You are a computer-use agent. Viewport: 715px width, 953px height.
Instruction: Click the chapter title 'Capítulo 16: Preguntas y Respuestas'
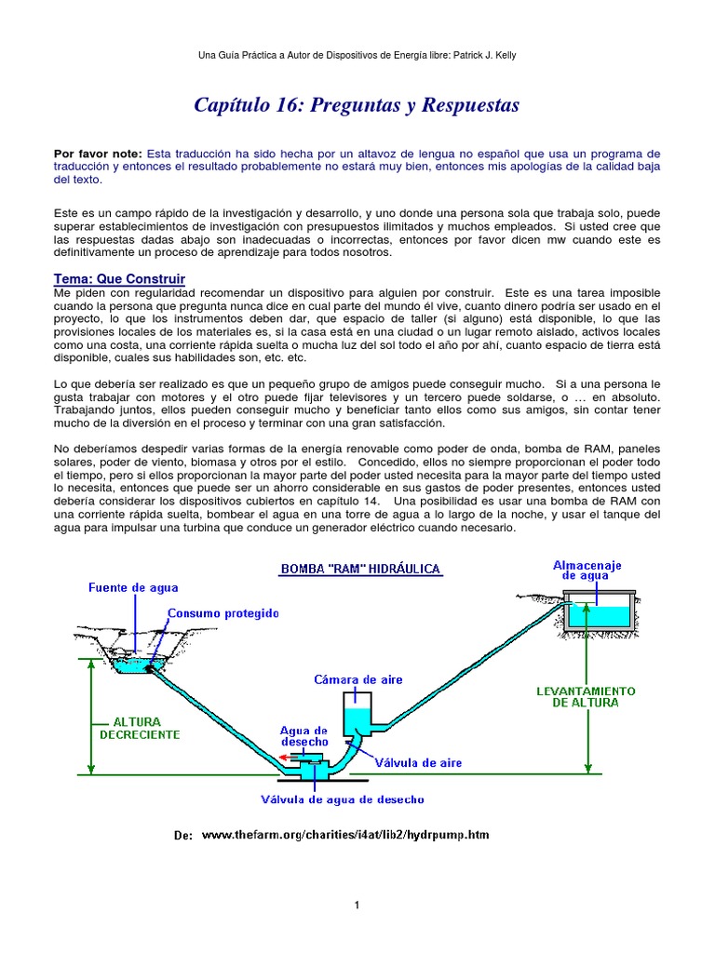(357, 105)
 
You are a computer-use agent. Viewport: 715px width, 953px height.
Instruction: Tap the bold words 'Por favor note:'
(98, 153)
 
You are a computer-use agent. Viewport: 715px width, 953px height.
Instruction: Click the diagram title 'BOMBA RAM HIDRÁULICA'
(360, 569)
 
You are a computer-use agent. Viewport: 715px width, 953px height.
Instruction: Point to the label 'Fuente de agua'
(133, 587)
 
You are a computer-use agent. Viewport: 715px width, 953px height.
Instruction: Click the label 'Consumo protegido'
(223, 613)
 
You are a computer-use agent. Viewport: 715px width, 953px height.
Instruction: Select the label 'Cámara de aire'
(358, 679)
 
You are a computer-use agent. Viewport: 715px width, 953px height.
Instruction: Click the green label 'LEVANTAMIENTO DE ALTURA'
(587, 697)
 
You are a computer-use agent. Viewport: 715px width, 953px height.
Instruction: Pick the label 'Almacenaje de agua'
(587, 570)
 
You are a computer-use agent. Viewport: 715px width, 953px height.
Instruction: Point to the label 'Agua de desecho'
(304, 736)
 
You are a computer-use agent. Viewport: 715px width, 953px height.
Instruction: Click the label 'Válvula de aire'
(418, 763)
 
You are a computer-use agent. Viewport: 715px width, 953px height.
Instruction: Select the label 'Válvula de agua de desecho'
(344, 799)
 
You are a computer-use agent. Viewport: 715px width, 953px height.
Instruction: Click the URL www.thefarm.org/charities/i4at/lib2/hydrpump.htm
(345, 835)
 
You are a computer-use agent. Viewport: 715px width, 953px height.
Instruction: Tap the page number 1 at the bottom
(357, 905)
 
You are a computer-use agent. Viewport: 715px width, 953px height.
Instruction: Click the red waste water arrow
(285, 758)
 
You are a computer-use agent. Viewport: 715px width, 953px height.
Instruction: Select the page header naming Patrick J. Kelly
(357, 56)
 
